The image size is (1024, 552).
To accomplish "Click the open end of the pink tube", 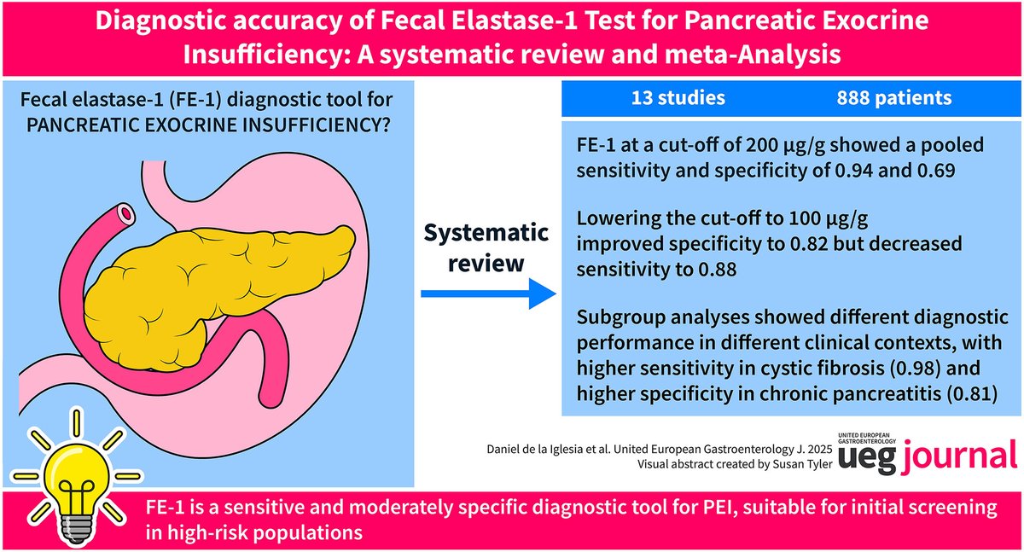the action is (127, 210).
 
